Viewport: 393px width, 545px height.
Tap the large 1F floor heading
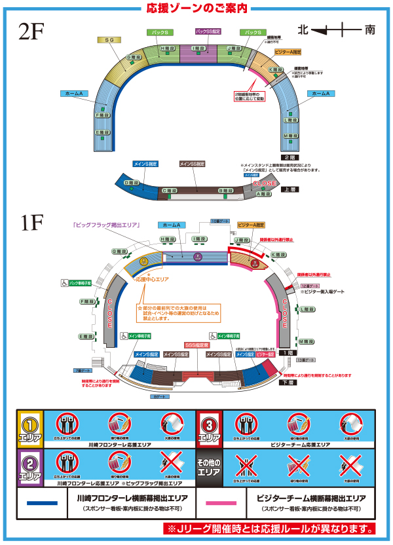click(33, 224)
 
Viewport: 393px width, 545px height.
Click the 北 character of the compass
click(303, 29)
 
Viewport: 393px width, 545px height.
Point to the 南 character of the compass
click(370, 29)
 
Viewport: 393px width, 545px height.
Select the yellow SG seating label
click(109, 40)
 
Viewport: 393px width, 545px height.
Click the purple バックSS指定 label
click(208, 31)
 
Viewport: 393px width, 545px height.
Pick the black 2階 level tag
click(286, 158)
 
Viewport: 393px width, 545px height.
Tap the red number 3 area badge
click(210, 428)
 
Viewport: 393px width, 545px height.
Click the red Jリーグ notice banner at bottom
click(270, 528)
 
